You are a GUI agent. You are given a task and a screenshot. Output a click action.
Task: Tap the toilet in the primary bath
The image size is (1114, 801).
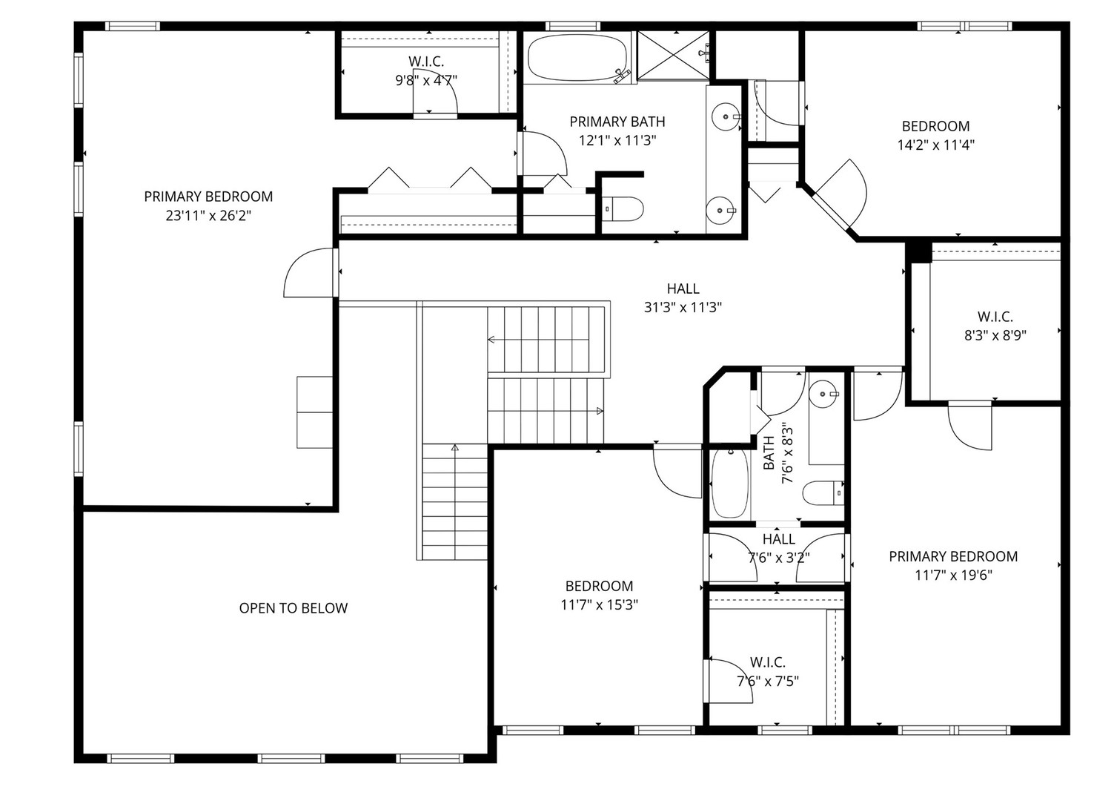[623, 210]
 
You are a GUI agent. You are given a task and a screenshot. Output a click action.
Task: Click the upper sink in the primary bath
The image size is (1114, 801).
[724, 116]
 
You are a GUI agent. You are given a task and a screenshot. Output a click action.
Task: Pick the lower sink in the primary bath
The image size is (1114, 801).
[720, 211]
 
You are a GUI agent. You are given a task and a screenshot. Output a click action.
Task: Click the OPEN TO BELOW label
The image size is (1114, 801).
[293, 608]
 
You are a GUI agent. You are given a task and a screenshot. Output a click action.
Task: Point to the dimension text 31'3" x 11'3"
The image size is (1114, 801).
[683, 307]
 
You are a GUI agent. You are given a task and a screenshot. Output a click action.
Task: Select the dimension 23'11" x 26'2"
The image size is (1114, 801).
[208, 216]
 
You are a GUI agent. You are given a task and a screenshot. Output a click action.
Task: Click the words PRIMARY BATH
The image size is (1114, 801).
[617, 122]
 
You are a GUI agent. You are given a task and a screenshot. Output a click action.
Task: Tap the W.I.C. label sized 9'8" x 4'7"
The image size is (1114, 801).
[426, 62]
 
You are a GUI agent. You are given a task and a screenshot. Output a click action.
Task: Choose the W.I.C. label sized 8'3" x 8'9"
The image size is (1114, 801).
[995, 317]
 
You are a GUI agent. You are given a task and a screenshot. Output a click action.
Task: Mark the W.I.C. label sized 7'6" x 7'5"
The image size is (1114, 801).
[767, 662]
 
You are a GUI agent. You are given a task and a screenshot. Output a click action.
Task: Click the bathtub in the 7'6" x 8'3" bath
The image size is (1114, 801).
[730, 483]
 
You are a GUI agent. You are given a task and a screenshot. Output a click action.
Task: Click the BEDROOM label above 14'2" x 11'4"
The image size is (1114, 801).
[935, 126]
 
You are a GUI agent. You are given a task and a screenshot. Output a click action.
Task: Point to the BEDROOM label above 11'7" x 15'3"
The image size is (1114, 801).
[599, 586]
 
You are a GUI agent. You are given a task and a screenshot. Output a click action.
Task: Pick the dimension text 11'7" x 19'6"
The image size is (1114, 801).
[953, 575]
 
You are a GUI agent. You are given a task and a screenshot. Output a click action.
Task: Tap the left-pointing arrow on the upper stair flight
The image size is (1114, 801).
[491, 340]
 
